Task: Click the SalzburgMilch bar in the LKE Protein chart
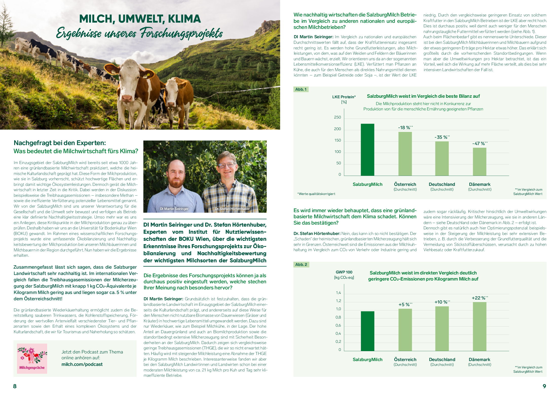pyautogui.click(x=367, y=150)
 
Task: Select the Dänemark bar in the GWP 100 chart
pyautogui.click(x=479, y=327)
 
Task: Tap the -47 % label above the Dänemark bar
pyautogui.click(x=480, y=144)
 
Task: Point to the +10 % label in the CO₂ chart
pyautogui.click(x=442, y=302)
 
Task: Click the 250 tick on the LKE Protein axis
pyautogui.click(x=337, y=117)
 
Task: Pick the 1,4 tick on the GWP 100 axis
pyautogui.click(x=338, y=293)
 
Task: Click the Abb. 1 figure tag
pyautogui.click(x=301, y=89)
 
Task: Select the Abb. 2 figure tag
pyautogui.click(x=301, y=265)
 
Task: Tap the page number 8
pyautogui.click(x=15, y=386)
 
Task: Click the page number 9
pyautogui.click(x=544, y=386)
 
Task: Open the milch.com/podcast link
pyautogui.click(x=82, y=364)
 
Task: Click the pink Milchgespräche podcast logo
pyautogui.click(x=32, y=359)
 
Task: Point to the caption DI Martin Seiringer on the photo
pyautogui.click(x=174, y=209)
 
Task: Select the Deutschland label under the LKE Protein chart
pyautogui.click(x=442, y=184)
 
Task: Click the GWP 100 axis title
pyautogui.click(x=344, y=272)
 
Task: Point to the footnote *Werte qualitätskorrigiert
pyautogui.click(x=316, y=194)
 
